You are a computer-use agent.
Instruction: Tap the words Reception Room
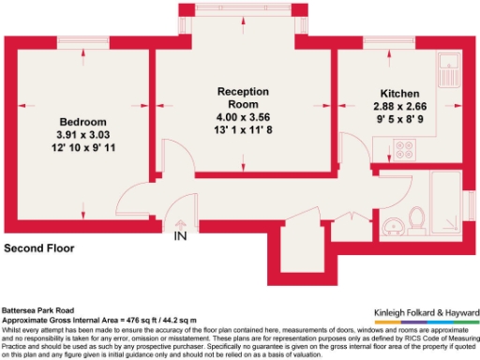243,97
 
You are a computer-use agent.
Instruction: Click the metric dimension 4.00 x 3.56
243,117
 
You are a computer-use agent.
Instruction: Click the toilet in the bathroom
418,218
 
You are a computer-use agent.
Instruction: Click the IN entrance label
181,236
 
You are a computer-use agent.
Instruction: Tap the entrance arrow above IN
181,223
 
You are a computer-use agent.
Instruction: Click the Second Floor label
39,249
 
